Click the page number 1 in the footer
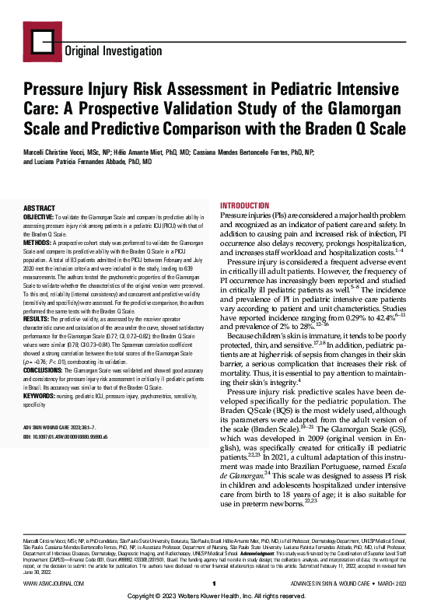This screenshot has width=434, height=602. (x=213, y=582)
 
